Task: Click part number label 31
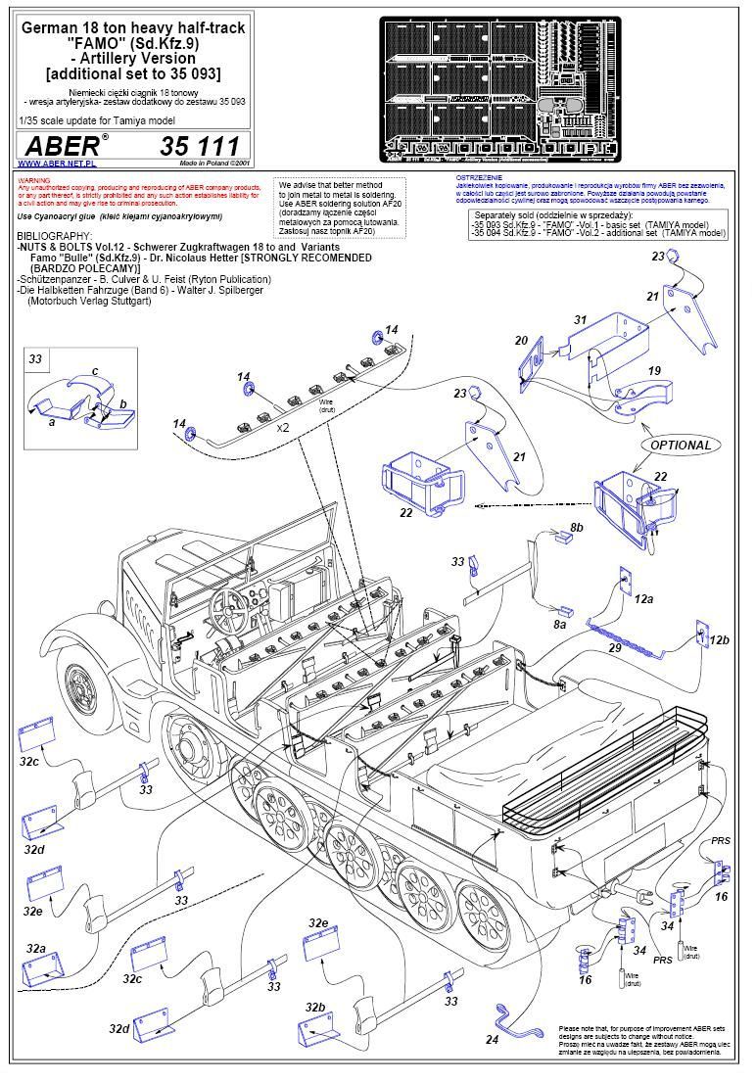click(580, 320)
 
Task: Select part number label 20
click(521, 340)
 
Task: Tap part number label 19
click(654, 370)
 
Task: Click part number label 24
click(493, 1040)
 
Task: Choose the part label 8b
click(576, 528)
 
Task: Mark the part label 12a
click(643, 597)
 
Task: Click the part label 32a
click(36, 949)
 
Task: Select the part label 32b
click(314, 1007)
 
